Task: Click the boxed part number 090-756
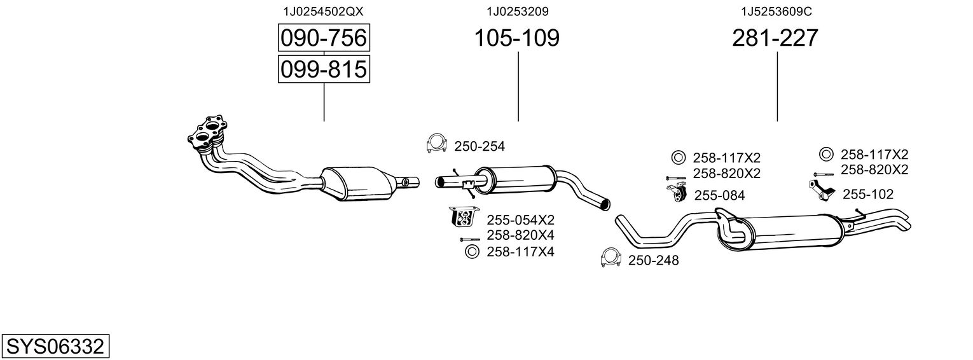pyautogui.click(x=324, y=38)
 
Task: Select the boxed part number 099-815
pyautogui.click(x=324, y=69)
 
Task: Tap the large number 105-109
pyautogui.click(x=516, y=38)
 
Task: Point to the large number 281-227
pyautogui.click(x=775, y=38)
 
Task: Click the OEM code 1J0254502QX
pyautogui.click(x=323, y=11)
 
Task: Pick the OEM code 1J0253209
pyautogui.click(x=517, y=11)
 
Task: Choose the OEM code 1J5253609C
pyautogui.click(x=776, y=11)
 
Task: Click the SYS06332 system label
pyautogui.click(x=55, y=347)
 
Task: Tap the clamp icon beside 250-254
pyautogui.click(x=436, y=143)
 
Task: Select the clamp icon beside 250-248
pyautogui.click(x=610, y=258)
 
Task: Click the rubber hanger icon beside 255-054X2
pyautogui.click(x=463, y=217)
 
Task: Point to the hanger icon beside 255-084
pyautogui.click(x=677, y=193)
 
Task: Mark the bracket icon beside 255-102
pyautogui.click(x=822, y=190)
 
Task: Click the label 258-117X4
pyautogui.click(x=520, y=252)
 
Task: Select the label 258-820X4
pyautogui.click(x=520, y=235)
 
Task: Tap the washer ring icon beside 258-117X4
pyautogui.click(x=472, y=251)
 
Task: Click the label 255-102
pyautogui.click(x=868, y=195)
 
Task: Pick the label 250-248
pyautogui.click(x=653, y=261)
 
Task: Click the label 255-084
pyautogui.click(x=719, y=196)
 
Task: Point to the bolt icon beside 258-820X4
pyautogui.click(x=469, y=239)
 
